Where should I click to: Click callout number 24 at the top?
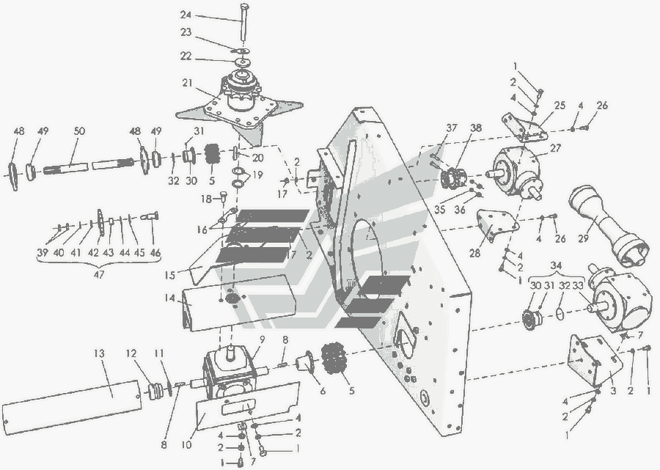pyautogui.click(x=186, y=15)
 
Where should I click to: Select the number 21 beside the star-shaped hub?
pyautogui.click(x=187, y=83)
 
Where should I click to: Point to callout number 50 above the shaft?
pyautogui.click(x=79, y=131)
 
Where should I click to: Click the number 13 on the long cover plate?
pyautogui.click(x=99, y=353)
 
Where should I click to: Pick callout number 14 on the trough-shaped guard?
pyautogui.click(x=170, y=298)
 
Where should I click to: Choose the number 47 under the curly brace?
pyautogui.click(x=98, y=274)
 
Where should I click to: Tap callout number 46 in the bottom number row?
pyautogui.click(x=155, y=253)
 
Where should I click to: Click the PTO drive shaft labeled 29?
pyautogui.click(x=606, y=225)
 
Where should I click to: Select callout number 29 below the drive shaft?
pyautogui.click(x=583, y=238)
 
